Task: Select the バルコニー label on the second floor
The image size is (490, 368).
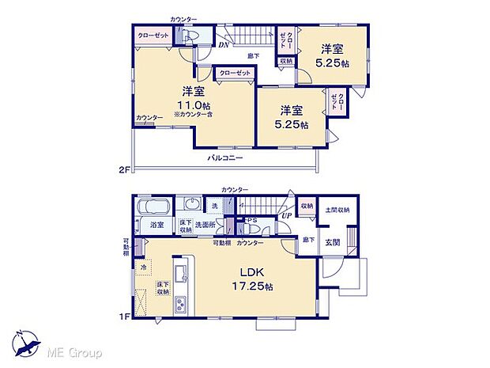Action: tap(225, 158)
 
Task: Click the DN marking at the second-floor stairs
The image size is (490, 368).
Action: tap(224, 45)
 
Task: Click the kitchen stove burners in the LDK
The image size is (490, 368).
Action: tap(180, 302)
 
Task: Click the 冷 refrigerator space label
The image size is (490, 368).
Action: tap(144, 267)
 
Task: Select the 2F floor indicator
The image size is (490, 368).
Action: tap(123, 169)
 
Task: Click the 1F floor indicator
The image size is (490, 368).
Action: tap(123, 317)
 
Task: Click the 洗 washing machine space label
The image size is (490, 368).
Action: tap(213, 207)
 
